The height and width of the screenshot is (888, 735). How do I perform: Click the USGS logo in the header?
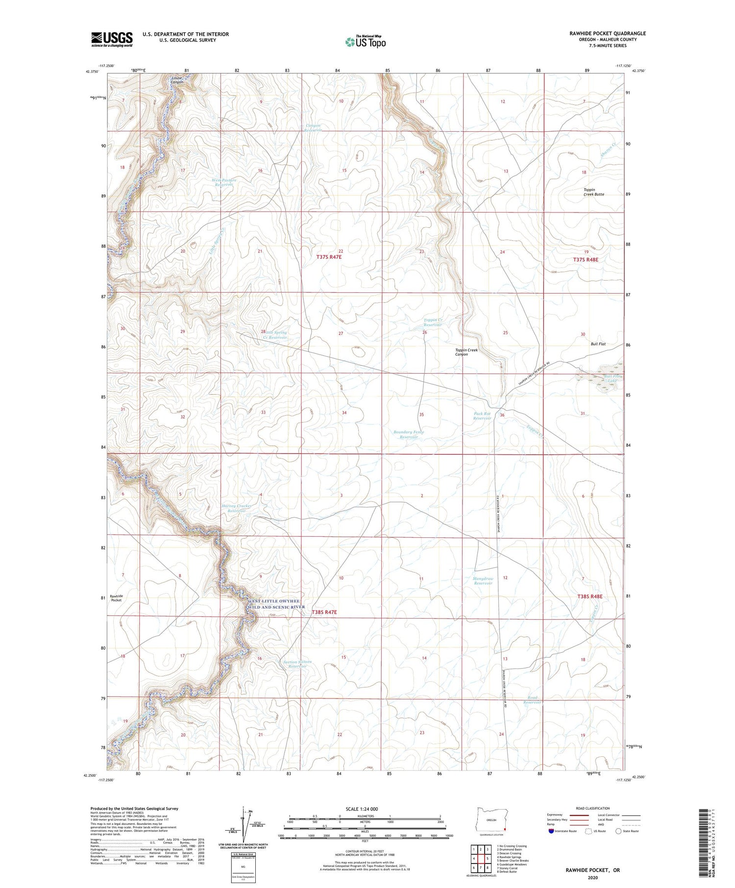(112, 39)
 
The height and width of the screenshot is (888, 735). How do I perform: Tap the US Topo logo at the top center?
(365, 42)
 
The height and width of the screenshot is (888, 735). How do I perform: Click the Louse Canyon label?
(177, 80)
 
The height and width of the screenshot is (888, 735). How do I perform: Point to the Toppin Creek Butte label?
(593, 192)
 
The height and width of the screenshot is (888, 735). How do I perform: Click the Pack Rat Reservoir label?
(482, 416)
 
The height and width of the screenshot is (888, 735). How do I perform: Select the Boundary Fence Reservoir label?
(409, 434)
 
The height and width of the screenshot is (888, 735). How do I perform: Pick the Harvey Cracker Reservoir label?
(236, 508)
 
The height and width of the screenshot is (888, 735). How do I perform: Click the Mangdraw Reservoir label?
(483, 581)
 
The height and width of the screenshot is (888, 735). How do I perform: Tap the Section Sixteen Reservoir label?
(297, 664)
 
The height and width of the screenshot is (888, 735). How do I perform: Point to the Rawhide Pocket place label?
(116, 598)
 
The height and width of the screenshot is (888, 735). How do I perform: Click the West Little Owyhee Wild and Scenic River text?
(276, 604)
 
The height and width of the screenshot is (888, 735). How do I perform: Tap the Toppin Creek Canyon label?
(466, 352)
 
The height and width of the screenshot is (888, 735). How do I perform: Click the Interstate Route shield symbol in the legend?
(551, 831)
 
